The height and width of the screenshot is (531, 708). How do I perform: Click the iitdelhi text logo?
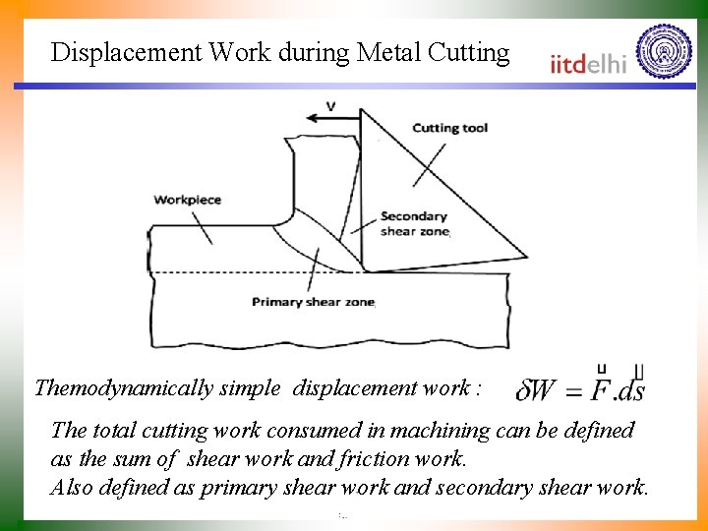click(x=588, y=63)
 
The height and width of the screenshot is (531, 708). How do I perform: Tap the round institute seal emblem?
click(x=664, y=52)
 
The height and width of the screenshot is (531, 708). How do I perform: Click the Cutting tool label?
click(x=448, y=128)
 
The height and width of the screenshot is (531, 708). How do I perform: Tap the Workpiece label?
click(x=187, y=200)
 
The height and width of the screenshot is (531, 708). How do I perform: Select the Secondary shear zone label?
click(x=413, y=223)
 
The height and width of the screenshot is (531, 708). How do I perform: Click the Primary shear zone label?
click(x=313, y=302)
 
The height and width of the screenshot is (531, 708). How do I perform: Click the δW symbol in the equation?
click(x=536, y=390)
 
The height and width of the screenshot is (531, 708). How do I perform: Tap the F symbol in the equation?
click(x=597, y=388)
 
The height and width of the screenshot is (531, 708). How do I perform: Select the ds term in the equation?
click(x=630, y=390)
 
